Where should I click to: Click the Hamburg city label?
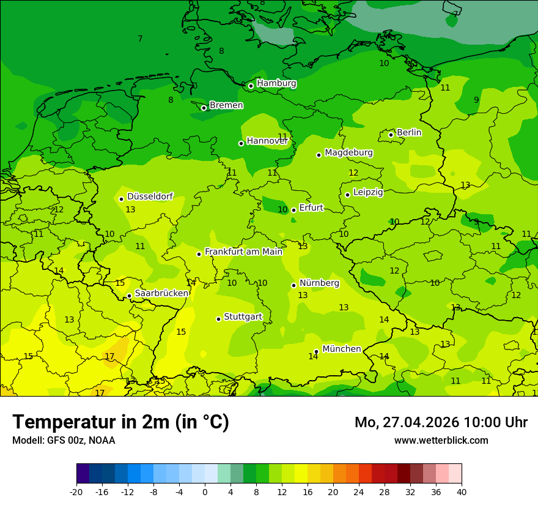[x=276, y=83]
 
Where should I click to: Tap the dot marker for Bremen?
[x=204, y=108]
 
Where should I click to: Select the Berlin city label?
[x=409, y=132]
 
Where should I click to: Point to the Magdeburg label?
[x=348, y=152]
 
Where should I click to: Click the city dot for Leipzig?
[x=347, y=195]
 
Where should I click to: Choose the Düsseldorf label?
[x=150, y=196]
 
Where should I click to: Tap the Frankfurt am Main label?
[x=243, y=252]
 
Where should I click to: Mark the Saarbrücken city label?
[x=161, y=293]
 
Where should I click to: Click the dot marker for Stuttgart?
[x=218, y=319]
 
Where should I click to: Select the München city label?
[x=341, y=349]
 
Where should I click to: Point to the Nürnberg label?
[x=319, y=283]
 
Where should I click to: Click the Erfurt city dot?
[x=293, y=210]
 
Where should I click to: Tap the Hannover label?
[x=267, y=141]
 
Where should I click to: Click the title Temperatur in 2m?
[x=120, y=422]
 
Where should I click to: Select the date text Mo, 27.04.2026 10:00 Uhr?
[x=441, y=422]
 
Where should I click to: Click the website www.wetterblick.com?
[x=441, y=440]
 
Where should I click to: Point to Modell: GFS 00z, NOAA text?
[x=64, y=440]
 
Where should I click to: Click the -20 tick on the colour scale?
[x=76, y=491]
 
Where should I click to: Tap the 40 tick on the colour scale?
[x=461, y=491]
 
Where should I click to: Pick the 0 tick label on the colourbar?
[x=205, y=491]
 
